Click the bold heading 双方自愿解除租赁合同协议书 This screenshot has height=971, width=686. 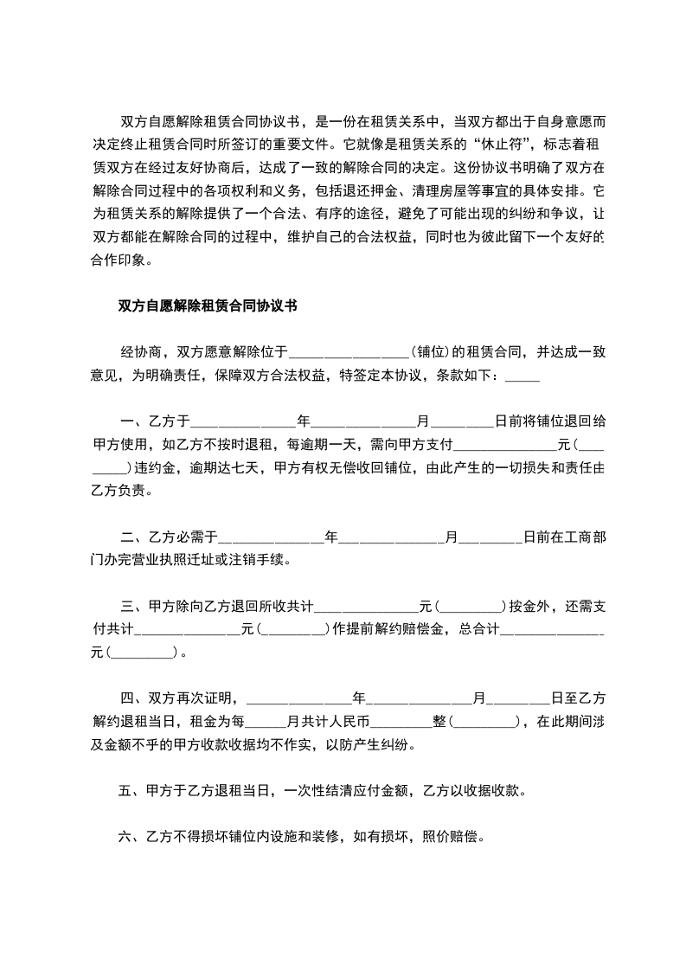click(208, 305)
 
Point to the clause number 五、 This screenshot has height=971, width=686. click(130, 790)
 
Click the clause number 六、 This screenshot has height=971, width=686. click(130, 837)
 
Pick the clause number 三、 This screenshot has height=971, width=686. click(130, 606)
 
